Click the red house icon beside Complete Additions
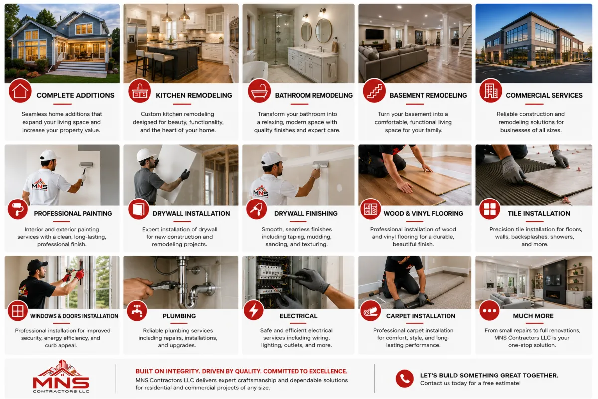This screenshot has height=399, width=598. point(20,91)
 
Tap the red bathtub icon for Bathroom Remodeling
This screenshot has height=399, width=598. point(259,91)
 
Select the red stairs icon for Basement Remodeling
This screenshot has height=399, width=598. point(374,91)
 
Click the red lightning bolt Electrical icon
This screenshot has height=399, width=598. point(253,310)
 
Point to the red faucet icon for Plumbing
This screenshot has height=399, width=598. point(137,311)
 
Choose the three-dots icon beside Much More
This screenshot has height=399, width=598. point(489,311)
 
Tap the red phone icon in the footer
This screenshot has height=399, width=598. point(405,379)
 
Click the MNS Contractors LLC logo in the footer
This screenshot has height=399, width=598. point(61,376)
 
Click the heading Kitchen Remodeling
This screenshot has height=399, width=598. point(194,95)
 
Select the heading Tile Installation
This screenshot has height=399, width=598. point(539,214)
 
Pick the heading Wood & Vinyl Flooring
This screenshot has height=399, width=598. point(424,214)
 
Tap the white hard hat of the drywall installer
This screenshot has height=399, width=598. point(146,155)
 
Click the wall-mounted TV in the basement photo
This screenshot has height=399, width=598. point(375,34)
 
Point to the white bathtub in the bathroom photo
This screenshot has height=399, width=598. point(255,72)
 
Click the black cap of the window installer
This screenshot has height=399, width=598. point(37,265)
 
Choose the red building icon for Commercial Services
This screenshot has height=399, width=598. point(491,91)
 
